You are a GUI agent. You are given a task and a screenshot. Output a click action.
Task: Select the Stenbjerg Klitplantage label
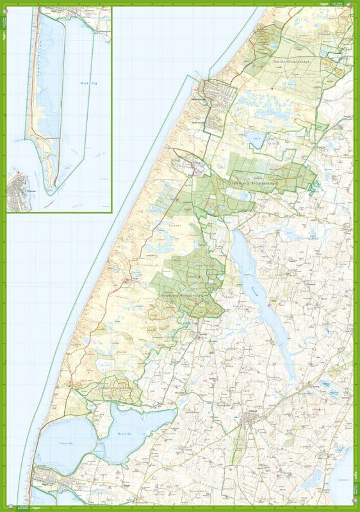coord(257,182)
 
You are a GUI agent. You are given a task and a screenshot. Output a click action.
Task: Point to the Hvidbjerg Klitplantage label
coord(186,296)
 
